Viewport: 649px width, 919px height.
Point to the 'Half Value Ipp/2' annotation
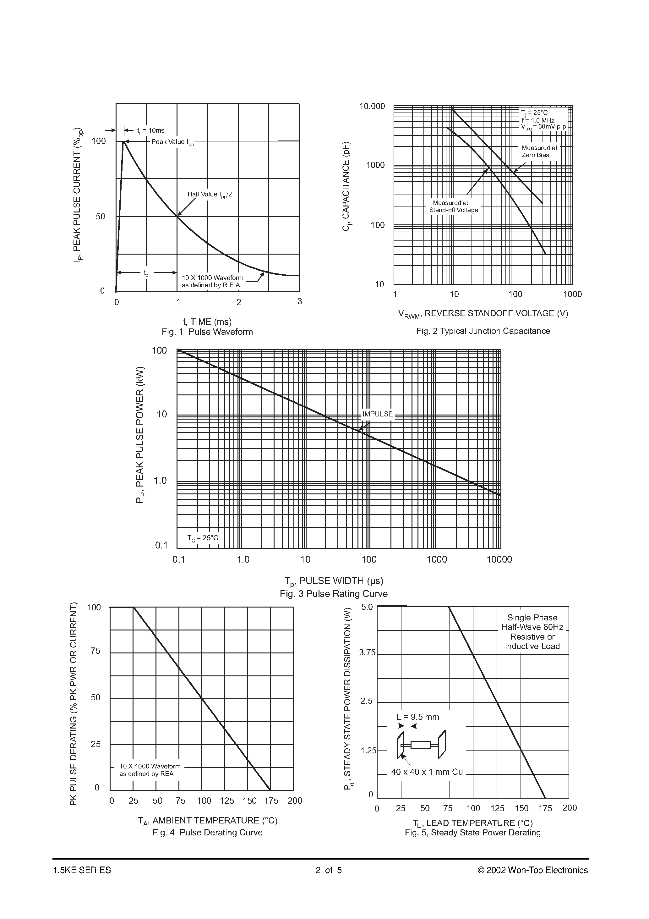[x=210, y=195]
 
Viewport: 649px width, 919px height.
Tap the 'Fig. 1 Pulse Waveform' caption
[x=207, y=332]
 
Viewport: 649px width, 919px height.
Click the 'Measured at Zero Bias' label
[x=539, y=151]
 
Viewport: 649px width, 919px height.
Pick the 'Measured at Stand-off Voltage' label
[x=453, y=206]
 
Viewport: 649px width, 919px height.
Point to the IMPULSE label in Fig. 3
[x=377, y=414]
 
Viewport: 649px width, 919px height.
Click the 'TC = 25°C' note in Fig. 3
[x=203, y=538]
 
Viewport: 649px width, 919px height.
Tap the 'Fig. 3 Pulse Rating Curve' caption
[x=333, y=594]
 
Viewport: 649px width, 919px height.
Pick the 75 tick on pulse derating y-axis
[x=95, y=651]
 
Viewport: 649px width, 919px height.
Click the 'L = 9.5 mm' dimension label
[x=418, y=717]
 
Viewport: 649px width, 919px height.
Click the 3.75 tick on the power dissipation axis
[x=367, y=653]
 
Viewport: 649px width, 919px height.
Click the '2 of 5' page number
[x=329, y=870]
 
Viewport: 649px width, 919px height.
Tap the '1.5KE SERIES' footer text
[x=82, y=870]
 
